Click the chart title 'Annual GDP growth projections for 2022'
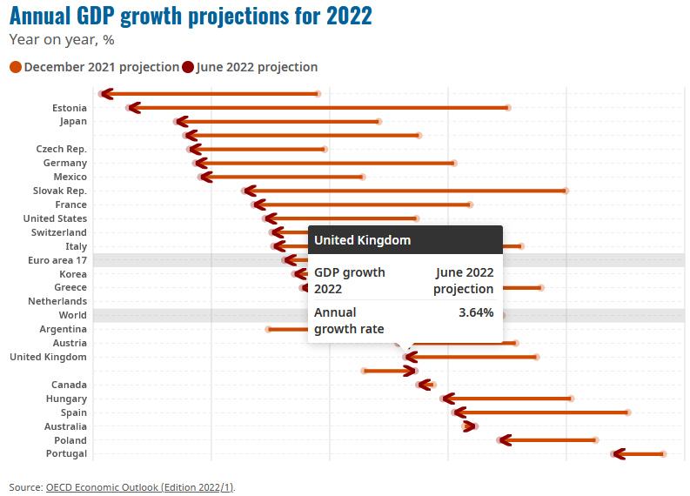tap(191, 16)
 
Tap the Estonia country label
tap(69, 108)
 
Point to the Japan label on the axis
tap(72, 122)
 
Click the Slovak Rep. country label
tap(59, 191)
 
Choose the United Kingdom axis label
tap(48, 357)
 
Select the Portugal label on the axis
tap(66, 454)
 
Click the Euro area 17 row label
tap(57, 260)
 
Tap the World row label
tap(72, 315)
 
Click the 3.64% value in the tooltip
tap(476, 312)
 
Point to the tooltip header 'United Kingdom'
tap(362, 240)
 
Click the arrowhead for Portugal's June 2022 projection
tap(617, 454)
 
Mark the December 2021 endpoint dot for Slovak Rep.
tap(566, 191)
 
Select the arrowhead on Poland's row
tap(502, 440)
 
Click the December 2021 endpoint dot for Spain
tap(628, 412)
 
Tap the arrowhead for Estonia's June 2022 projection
tap(131, 108)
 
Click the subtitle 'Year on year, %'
tap(62, 39)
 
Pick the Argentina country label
tap(63, 329)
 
